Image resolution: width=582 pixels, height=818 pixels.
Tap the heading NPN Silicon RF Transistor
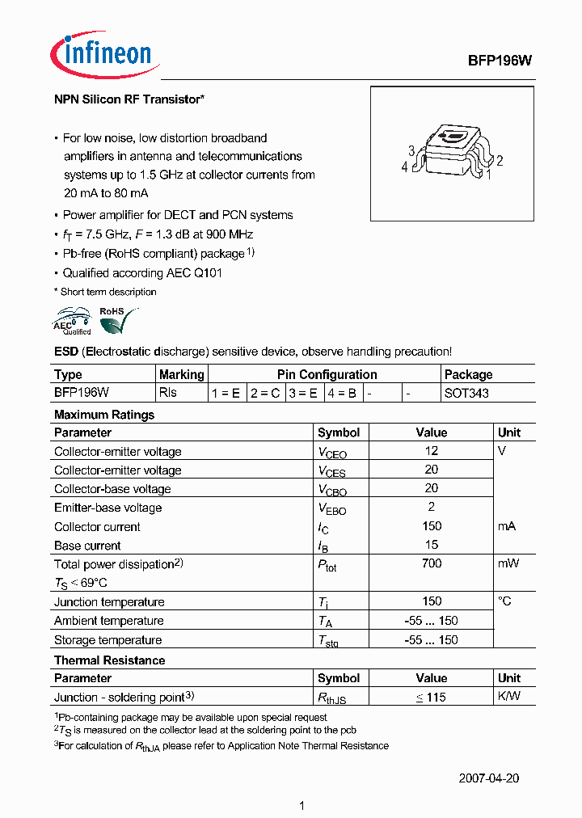pos(129,99)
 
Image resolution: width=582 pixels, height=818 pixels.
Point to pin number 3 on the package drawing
pos(411,151)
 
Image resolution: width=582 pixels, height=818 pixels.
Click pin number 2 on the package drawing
pos(500,161)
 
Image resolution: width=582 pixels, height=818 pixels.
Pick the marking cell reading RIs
pos(168,393)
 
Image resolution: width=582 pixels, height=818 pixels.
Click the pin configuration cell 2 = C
pos(265,393)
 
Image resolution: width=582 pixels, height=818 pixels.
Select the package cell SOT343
pos(466,393)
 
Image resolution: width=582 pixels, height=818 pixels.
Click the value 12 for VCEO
pos(431,451)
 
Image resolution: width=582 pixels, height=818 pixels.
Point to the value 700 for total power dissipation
pos(431,563)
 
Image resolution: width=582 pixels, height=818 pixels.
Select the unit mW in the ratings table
pos(508,563)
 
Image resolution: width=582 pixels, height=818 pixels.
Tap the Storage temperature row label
pos(108,640)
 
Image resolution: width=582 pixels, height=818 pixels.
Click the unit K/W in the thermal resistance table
pos(509,697)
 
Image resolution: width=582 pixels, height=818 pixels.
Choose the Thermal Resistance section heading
pos(109,660)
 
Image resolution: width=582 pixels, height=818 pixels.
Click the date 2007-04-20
pos(488,778)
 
